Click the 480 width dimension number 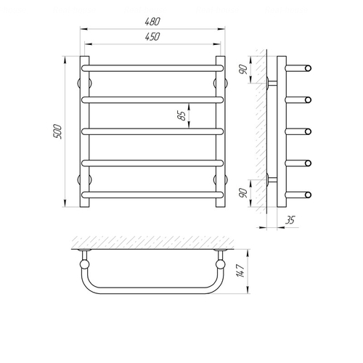point(152,22)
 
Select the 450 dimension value point(152,36)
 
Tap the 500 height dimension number point(57,131)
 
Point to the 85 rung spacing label point(181,115)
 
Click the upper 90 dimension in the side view point(243,70)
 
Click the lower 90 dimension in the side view point(243,193)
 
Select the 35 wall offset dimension point(290,220)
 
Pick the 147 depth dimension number point(241,271)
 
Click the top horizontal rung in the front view point(152,68)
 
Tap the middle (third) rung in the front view point(152,131)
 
